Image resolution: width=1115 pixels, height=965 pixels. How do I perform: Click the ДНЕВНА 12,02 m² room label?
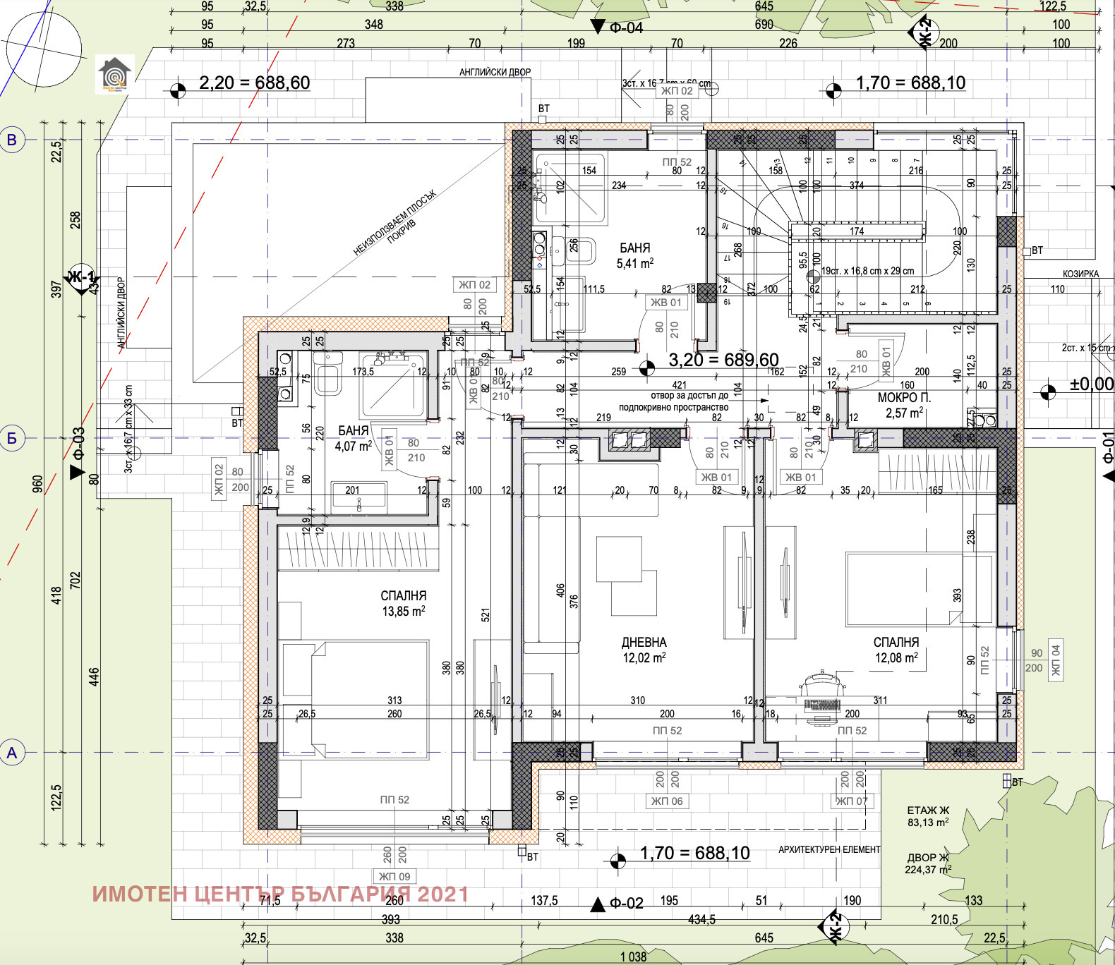pos(644,650)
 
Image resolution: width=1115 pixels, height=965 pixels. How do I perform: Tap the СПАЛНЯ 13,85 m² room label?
pos(403,603)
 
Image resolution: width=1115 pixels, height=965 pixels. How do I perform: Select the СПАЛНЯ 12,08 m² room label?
pos(896,650)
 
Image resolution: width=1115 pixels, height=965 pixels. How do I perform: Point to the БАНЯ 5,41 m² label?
pos(634,255)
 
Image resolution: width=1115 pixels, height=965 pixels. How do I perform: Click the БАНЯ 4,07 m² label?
pos(353,438)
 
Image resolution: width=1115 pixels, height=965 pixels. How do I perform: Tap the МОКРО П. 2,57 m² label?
pos(903,405)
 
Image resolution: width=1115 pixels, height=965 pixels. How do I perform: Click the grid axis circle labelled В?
pos(12,140)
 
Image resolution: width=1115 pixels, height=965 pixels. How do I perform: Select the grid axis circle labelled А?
pos(12,753)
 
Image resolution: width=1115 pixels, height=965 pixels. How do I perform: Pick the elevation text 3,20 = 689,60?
pos(723,360)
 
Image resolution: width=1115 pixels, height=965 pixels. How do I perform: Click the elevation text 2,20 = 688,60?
pos(254,83)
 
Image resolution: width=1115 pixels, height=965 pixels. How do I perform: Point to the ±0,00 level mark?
pos(1091,384)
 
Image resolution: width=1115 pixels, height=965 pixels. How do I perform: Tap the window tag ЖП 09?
pos(394,876)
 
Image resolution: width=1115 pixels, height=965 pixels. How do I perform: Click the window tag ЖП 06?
pos(666,801)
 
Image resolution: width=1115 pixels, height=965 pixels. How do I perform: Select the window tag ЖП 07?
pos(852,801)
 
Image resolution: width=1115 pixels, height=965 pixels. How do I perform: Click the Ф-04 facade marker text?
pos(626,28)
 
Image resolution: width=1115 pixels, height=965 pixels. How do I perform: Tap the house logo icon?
pos(114,75)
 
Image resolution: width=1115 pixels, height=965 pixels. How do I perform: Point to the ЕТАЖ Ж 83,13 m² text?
pos(928,816)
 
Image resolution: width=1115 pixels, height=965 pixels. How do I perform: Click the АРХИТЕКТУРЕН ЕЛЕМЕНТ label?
pos(828,849)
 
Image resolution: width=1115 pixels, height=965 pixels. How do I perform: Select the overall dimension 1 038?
pos(633,957)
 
